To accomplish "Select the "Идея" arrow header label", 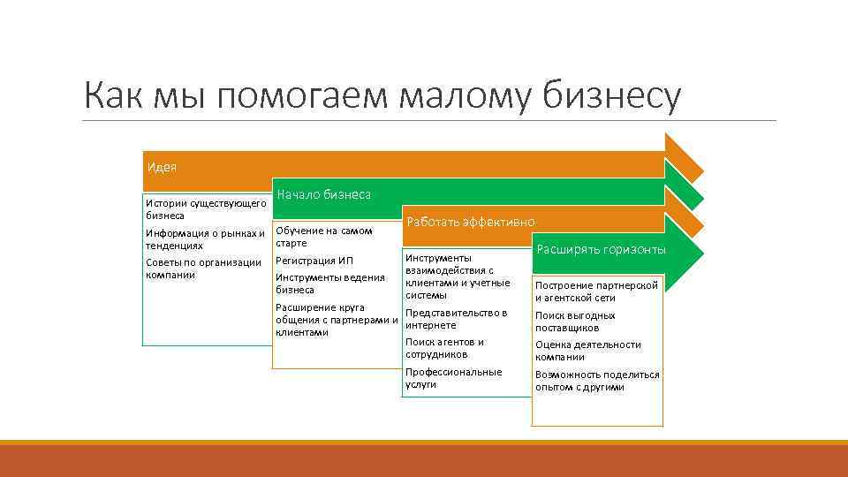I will [x=161, y=167].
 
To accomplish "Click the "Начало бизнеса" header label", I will [x=323, y=194].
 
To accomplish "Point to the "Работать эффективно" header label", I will [x=470, y=222].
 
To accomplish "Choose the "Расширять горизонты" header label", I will [x=601, y=250].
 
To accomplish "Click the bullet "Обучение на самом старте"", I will [x=324, y=237].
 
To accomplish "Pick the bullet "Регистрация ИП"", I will [x=314, y=261].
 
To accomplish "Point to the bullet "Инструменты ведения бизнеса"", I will [x=329, y=284].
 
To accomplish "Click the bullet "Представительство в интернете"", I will [x=456, y=319].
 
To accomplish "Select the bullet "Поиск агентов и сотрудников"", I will [x=444, y=348].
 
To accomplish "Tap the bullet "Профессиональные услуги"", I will [x=453, y=378].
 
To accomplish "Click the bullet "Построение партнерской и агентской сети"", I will [x=596, y=291].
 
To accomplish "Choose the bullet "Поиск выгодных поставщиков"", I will [x=575, y=322].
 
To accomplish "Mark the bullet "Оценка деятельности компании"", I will [x=587, y=351].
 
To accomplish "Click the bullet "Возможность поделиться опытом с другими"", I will [x=597, y=381].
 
